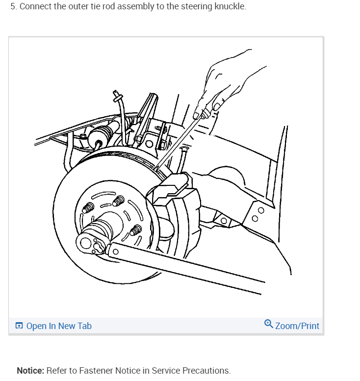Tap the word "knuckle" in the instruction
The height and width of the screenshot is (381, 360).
coord(229,7)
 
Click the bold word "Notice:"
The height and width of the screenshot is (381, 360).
coord(30,370)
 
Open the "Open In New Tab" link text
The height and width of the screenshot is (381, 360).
coord(59,326)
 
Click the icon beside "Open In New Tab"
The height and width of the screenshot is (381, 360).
coord(19,326)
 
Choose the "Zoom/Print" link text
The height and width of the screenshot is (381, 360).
coord(297,326)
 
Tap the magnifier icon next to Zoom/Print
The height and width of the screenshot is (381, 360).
coord(268,324)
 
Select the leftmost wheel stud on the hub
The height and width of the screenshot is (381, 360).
coord(88,208)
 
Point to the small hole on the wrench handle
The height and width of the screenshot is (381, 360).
coord(115,252)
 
